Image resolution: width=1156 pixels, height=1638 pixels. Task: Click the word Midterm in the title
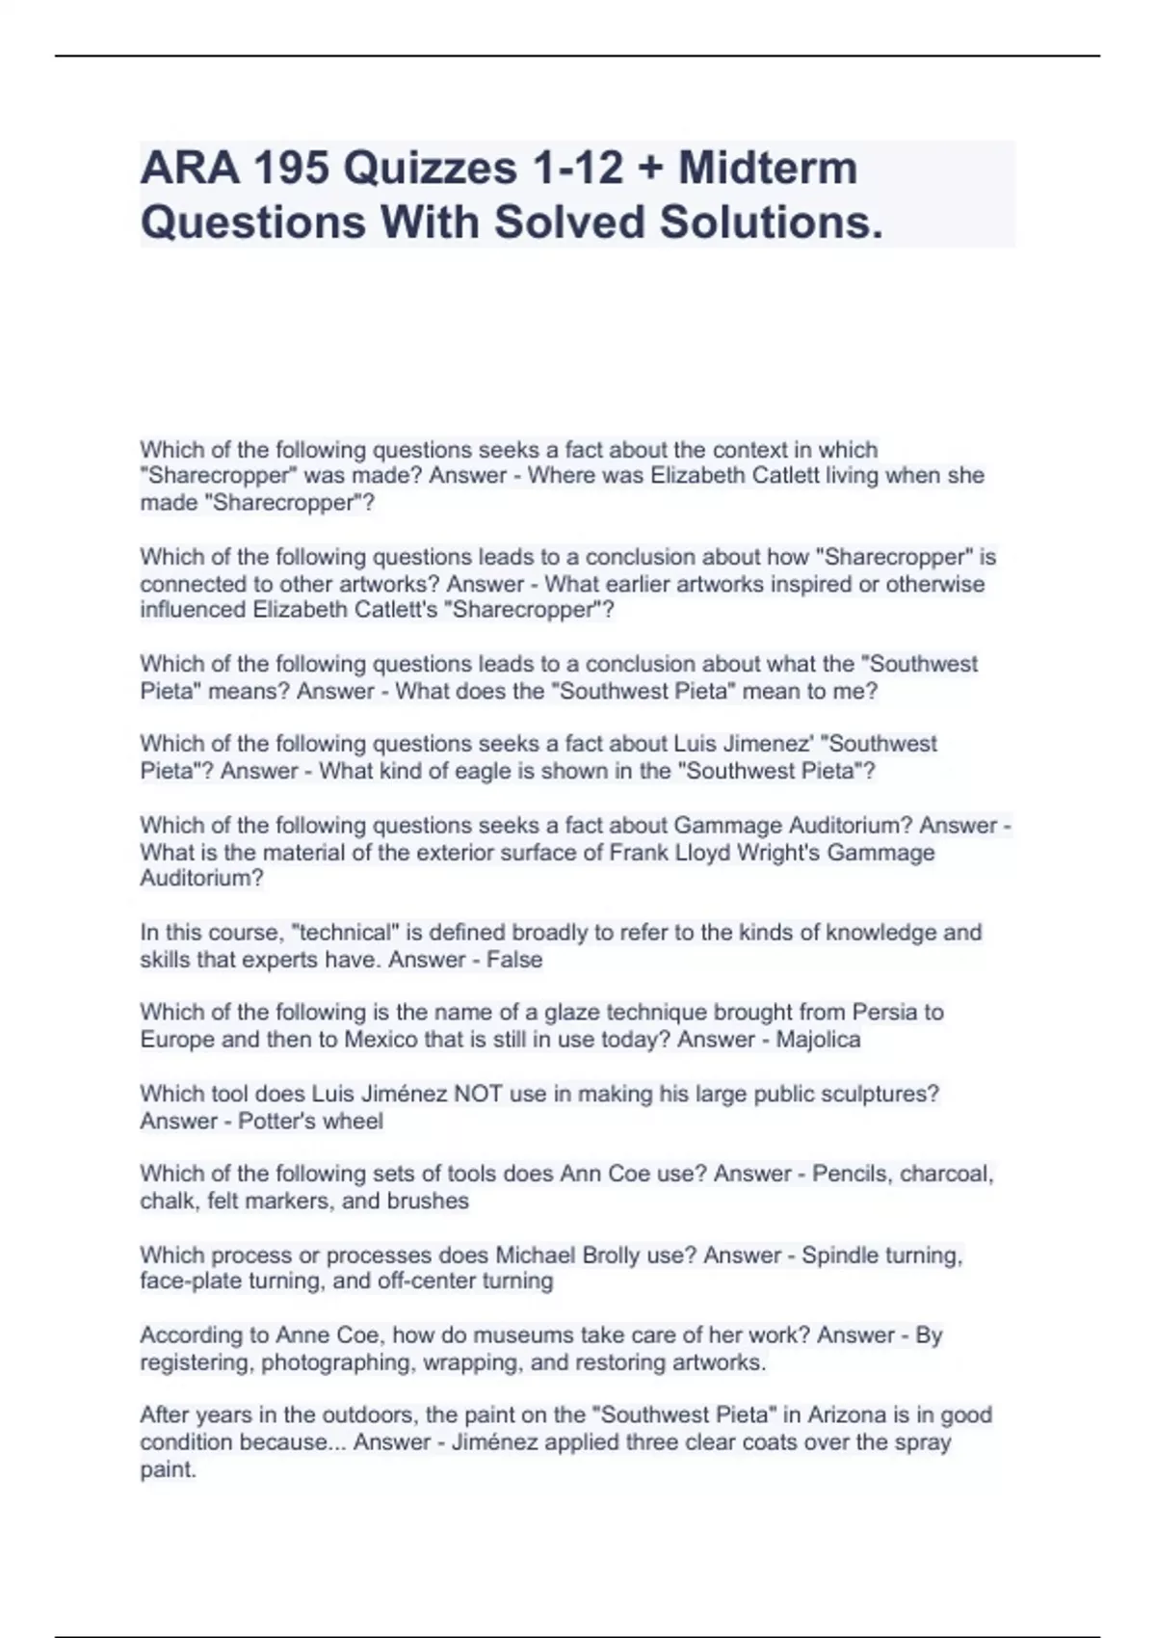coord(768,168)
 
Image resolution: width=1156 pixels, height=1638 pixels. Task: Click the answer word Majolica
coord(818,1040)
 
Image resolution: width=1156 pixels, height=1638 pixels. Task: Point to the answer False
coord(514,960)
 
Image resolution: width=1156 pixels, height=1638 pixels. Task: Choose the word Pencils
coord(852,1174)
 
